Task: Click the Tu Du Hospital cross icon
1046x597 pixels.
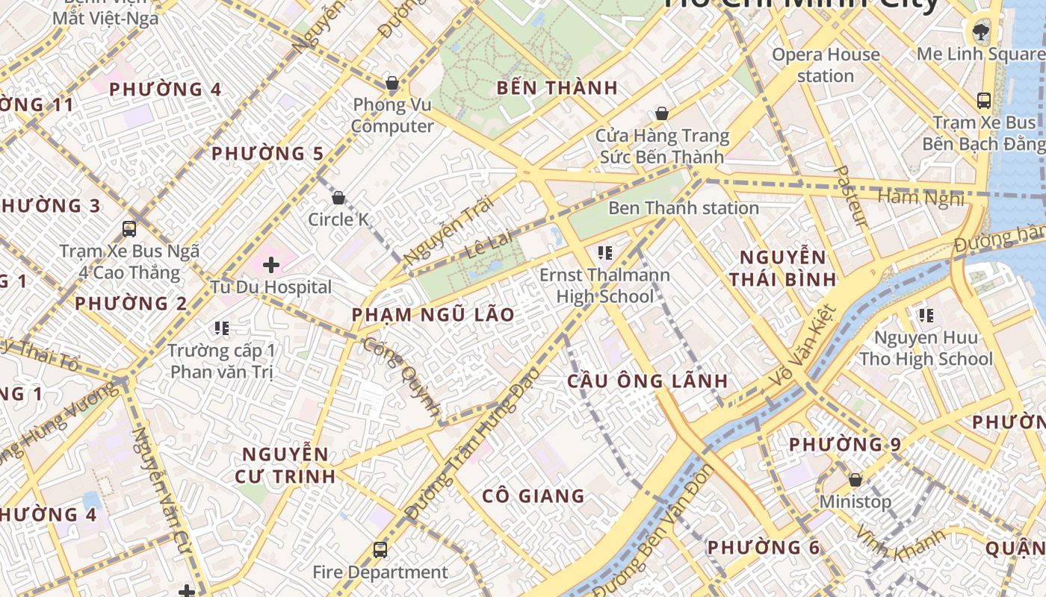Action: (x=271, y=265)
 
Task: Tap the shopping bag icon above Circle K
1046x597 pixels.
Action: (x=338, y=198)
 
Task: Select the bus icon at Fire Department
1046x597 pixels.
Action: (x=380, y=551)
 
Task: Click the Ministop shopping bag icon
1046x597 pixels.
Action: (x=855, y=479)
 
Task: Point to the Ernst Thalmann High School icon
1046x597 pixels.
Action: (x=605, y=253)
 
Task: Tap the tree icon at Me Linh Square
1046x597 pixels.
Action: (x=979, y=31)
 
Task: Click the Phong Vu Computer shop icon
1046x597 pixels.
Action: (x=392, y=83)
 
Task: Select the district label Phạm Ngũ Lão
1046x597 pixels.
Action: (x=433, y=315)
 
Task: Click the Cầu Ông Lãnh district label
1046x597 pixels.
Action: (x=647, y=381)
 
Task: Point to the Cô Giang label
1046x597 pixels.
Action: (x=533, y=496)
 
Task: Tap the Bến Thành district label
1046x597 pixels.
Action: (x=557, y=88)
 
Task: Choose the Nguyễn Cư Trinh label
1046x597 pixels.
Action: (x=285, y=465)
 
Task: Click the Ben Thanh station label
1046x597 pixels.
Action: (x=684, y=208)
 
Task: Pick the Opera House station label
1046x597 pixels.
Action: (x=826, y=65)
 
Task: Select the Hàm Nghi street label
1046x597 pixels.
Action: (x=920, y=198)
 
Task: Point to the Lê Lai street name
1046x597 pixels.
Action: (x=489, y=245)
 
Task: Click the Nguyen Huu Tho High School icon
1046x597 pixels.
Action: (x=926, y=316)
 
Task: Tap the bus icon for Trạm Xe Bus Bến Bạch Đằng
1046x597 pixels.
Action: (x=983, y=100)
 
